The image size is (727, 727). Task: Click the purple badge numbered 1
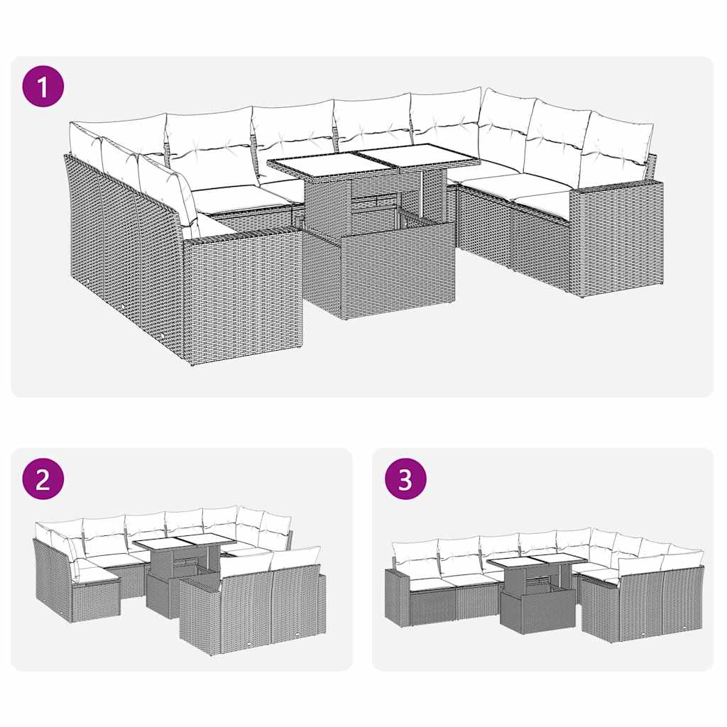tap(43, 87)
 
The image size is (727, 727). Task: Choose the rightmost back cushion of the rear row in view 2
tap(276, 530)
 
